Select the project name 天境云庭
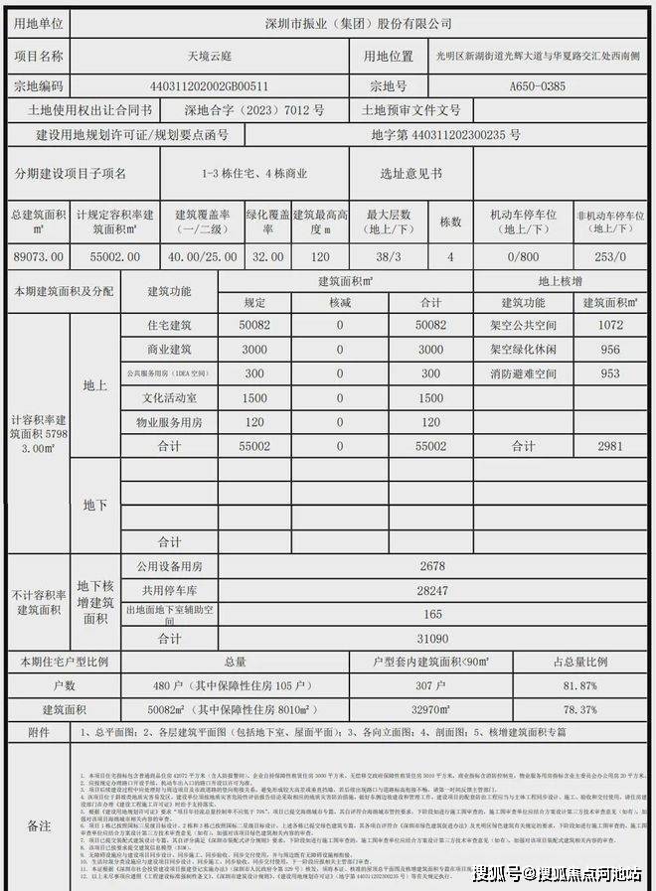pyautogui.click(x=205, y=56)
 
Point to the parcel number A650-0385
pyautogui.click(x=537, y=86)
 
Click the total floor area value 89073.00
pyautogui.click(x=37, y=256)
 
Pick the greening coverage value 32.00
pyautogui.click(x=267, y=256)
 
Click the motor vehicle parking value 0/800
pyautogui.click(x=519, y=256)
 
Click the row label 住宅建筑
pyautogui.click(x=169, y=325)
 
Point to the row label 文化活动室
pyautogui.click(x=169, y=398)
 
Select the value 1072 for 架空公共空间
pyautogui.click(x=609, y=325)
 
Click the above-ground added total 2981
pyautogui.click(x=609, y=447)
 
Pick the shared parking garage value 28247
pyautogui.click(x=431, y=590)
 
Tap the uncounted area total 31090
pyautogui.click(x=431, y=639)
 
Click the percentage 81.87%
pyautogui.click(x=579, y=686)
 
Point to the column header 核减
pyautogui.click(x=340, y=302)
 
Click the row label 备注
pyautogui.click(x=39, y=825)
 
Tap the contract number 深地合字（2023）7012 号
pyautogui.click(x=254, y=110)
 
